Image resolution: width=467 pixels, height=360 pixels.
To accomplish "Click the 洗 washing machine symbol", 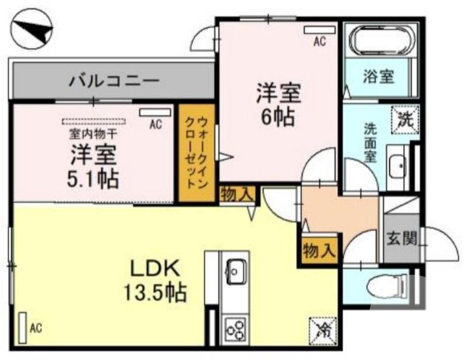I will point(405,120).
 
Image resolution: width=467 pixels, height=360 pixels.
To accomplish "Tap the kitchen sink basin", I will point(235,271).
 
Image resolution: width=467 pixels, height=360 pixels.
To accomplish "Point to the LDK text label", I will point(153,269).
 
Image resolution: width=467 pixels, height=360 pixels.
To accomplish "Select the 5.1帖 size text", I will point(93,178).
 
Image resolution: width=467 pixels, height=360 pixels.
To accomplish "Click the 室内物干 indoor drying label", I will point(93,133).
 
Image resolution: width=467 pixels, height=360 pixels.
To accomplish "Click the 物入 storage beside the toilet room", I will point(319,251).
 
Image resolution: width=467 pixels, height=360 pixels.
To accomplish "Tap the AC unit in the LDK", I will point(23,327).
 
